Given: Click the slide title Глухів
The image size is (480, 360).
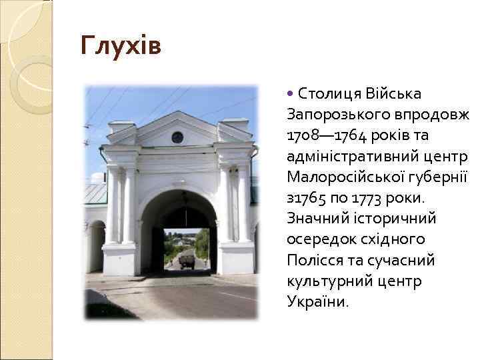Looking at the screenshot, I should (x=121, y=47).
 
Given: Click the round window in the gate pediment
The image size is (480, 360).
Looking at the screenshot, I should (x=177, y=137).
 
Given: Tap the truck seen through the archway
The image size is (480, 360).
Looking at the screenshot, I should (x=186, y=261).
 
